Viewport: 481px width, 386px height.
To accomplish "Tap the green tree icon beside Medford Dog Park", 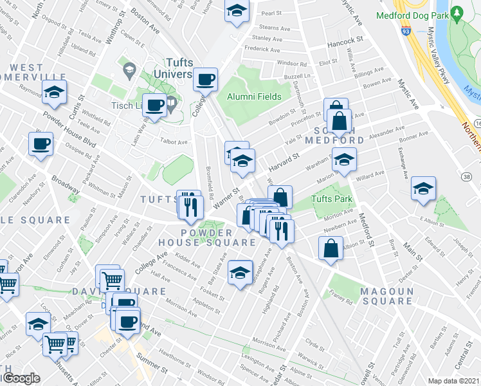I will [457, 12].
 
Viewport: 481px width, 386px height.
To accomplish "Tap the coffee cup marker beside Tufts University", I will [206, 80].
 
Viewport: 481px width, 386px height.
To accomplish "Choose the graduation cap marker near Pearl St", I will [237, 11].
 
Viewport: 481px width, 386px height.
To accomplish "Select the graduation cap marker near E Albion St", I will [423, 188].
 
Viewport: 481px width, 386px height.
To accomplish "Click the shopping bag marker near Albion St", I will [330, 248].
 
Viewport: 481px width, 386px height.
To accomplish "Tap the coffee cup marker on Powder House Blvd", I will [41, 143].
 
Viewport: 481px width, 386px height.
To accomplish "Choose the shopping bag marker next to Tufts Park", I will [280, 197].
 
